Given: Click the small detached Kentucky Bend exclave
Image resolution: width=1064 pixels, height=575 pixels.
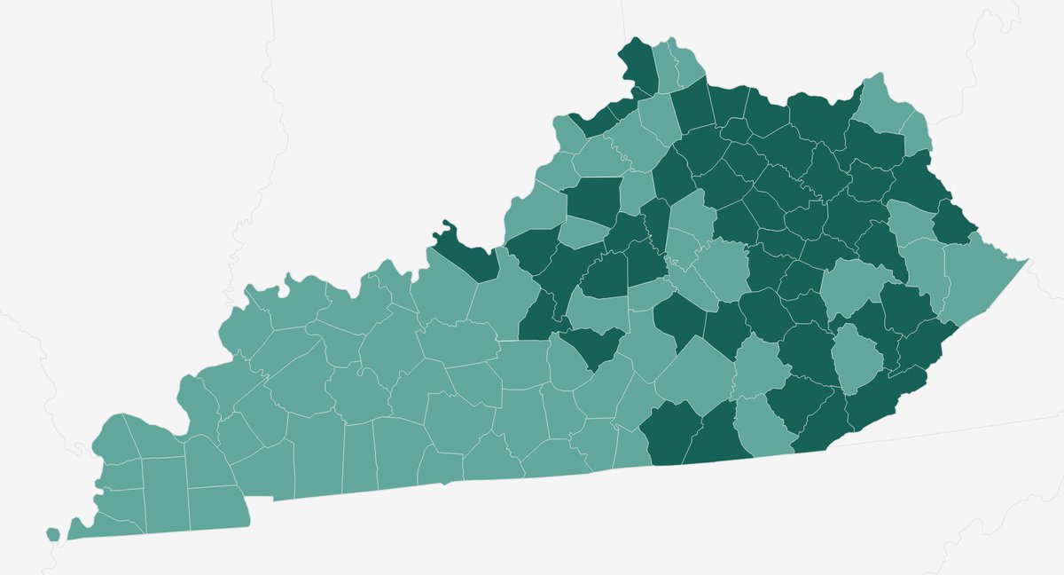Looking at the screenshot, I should (53, 533).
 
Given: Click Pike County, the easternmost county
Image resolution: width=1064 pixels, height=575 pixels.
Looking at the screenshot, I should (975, 275).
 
